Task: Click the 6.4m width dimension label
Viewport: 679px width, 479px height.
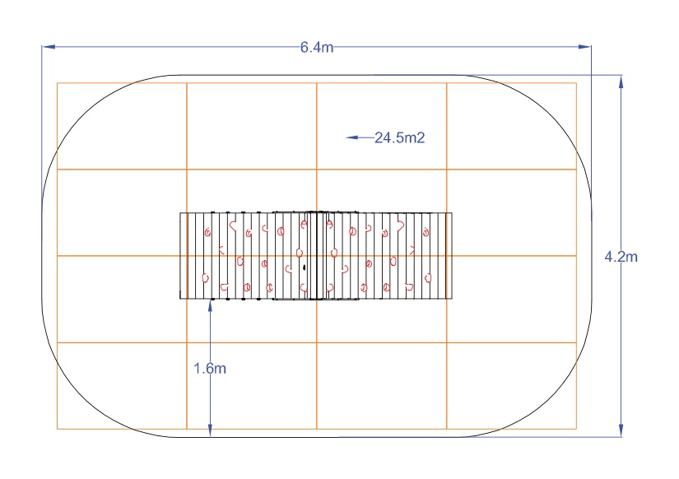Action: pyautogui.click(x=317, y=47)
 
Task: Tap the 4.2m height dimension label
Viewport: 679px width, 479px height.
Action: pyautogui.click(x=621, y=257)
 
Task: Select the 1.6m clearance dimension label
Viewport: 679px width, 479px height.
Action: pyautogui.click(x=210, y=369)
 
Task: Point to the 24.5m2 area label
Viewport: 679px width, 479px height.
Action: pyautogui.click(x=400, y=137)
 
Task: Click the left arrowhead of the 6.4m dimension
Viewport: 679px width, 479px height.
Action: pyautogui.click(x=49, y=46)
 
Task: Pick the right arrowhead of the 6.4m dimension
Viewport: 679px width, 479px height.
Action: pyautogui.click(x=584, y=46)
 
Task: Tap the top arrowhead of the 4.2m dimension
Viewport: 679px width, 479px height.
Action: pyautogui.click(x=621, y=81)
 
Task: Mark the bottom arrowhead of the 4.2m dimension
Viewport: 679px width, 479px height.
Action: pyautogui.click(x=621, y=430)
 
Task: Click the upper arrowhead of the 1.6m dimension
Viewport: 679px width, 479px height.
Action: pyautogui.click(x=210, y=306)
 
